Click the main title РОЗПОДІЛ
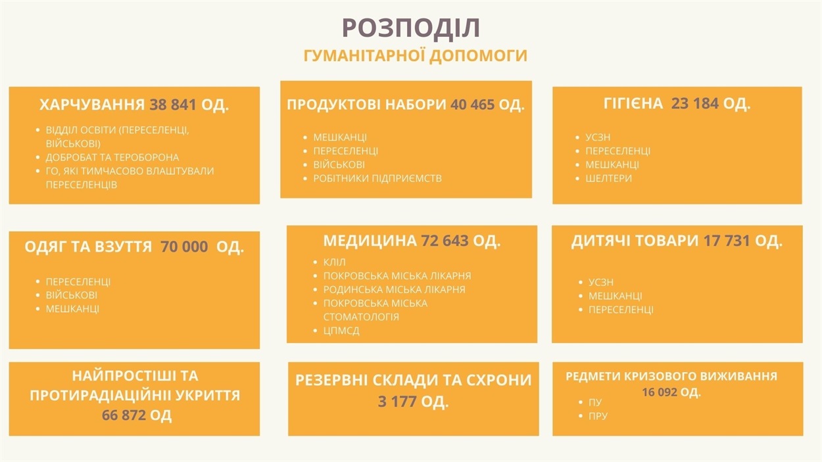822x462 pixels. click(411, 28)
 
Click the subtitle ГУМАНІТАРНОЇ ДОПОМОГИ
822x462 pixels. click(416, 56)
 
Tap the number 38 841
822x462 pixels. click(173, 105)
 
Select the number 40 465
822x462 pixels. click(473, 105)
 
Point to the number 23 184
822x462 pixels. click(694, 104)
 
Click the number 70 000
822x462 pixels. click(184, 246)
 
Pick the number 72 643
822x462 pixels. click(445, 241)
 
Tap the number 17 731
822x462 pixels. click(727, 241)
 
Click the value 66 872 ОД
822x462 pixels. click(137, 415)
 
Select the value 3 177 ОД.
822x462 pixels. click(413, 402)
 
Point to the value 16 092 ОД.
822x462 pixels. click(671, 392)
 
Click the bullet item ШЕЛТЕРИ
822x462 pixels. click(608, 179)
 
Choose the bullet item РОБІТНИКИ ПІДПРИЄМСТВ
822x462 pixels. click(377, 179)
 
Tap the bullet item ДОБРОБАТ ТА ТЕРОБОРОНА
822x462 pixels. click(112, 157)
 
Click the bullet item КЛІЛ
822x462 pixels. click(334, 262)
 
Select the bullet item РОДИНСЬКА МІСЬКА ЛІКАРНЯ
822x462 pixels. click(394, 290)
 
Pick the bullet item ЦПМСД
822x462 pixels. click(341, 331)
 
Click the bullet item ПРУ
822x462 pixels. click(598, 416)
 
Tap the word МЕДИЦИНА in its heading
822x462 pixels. click(370, 241)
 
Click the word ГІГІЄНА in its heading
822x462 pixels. click(633, 104)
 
